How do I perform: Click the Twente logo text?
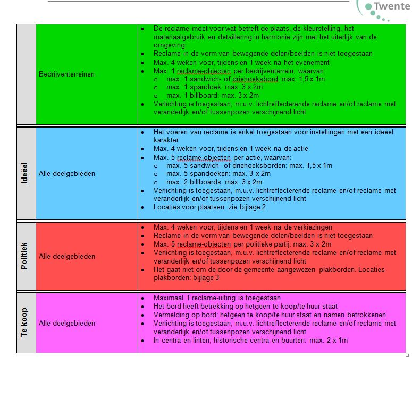coord(392,7)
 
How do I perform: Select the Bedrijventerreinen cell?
coord(66,74)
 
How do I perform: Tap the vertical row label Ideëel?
coord(24,174)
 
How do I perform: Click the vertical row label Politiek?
coord(24,256)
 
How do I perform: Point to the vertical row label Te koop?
coord(24,323)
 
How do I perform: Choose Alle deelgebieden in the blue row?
coord(66,173)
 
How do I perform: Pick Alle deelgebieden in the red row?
coord(66,257)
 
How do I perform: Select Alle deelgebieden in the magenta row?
coord(66,324)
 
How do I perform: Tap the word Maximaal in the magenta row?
coord(168,298)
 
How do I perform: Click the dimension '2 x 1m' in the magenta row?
coord(335,340)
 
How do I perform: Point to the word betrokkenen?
coord(367,315)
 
